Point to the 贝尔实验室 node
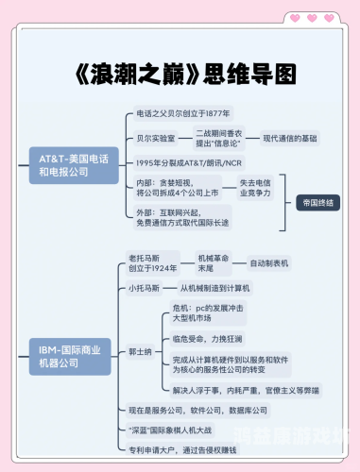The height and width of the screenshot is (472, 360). pos(156,138)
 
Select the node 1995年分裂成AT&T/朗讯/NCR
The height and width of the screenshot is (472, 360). pos(189,162)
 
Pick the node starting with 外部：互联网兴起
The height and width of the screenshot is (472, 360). pos(179,216)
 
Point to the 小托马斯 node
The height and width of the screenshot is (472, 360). pos(147,288)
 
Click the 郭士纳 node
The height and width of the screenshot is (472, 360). pos(142,349)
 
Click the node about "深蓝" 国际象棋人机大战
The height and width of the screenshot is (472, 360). pos(190,430)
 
